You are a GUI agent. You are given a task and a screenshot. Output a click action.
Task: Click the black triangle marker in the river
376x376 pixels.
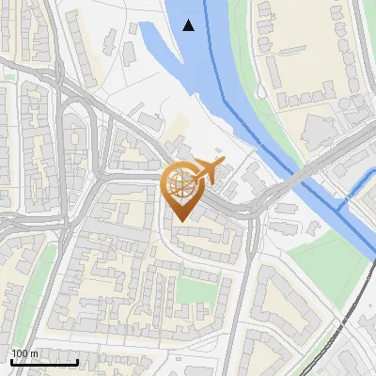(x=189, y=25)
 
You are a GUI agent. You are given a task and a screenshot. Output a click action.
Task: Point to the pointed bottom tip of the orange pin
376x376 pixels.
(x=180, y=221)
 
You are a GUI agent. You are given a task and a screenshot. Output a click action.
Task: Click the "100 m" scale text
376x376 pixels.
(x=24, y=353)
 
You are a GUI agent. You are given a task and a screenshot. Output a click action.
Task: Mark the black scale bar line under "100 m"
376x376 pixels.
(x=44, y=362)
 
